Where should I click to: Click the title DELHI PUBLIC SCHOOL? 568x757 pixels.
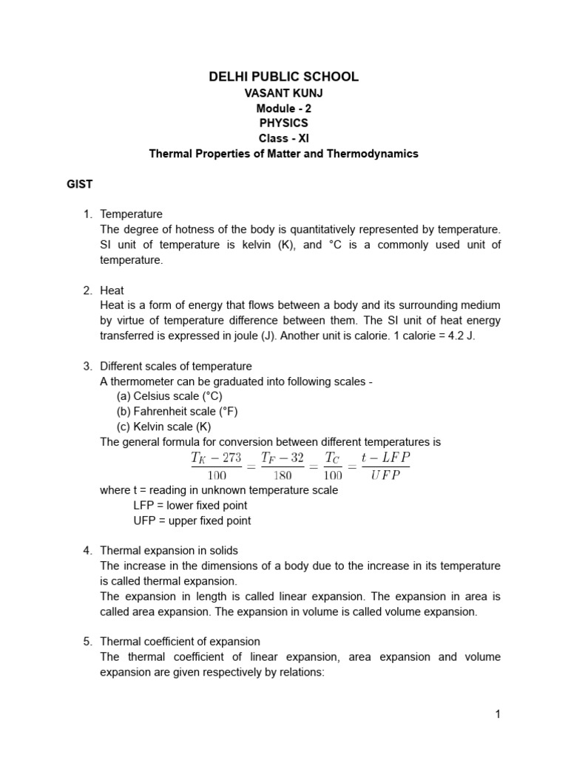point(284,77)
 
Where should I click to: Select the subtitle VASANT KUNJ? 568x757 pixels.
point(284,93)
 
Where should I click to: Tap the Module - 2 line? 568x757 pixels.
point(284,108)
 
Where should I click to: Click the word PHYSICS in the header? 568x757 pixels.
point(284,123)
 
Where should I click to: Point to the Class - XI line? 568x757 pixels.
point(284,139)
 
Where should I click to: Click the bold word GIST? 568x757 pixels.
point(80,184)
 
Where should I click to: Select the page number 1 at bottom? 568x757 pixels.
point(498,714)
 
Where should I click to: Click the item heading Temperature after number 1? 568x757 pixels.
point(131,214)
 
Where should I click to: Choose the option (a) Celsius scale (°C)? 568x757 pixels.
point(169,396)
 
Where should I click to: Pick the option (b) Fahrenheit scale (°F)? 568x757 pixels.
point(177,412)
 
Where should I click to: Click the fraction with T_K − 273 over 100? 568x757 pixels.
point(216,466)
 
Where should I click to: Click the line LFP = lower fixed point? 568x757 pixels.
point(190,506)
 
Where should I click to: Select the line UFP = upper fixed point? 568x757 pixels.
point(192,520)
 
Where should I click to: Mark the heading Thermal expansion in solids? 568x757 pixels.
point(169,551)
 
